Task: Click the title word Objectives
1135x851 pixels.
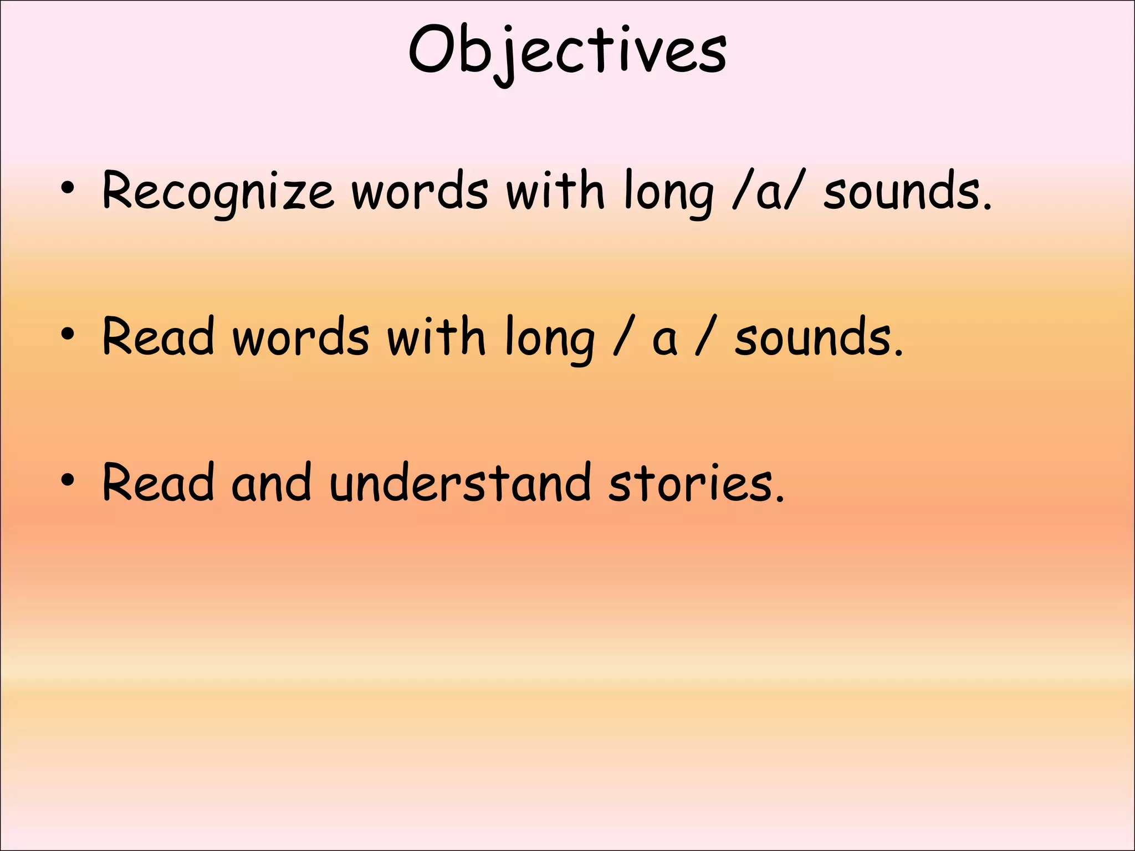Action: click(567, 51)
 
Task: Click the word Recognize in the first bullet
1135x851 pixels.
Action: click(218, 192)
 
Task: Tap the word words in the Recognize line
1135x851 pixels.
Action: click(420, 192)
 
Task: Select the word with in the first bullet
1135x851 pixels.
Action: click(555, 191)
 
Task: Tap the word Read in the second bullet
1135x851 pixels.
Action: click(159, 337)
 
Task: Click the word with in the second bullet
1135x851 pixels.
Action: click(436, 337)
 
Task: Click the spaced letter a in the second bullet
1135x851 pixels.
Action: click(664, 339)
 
